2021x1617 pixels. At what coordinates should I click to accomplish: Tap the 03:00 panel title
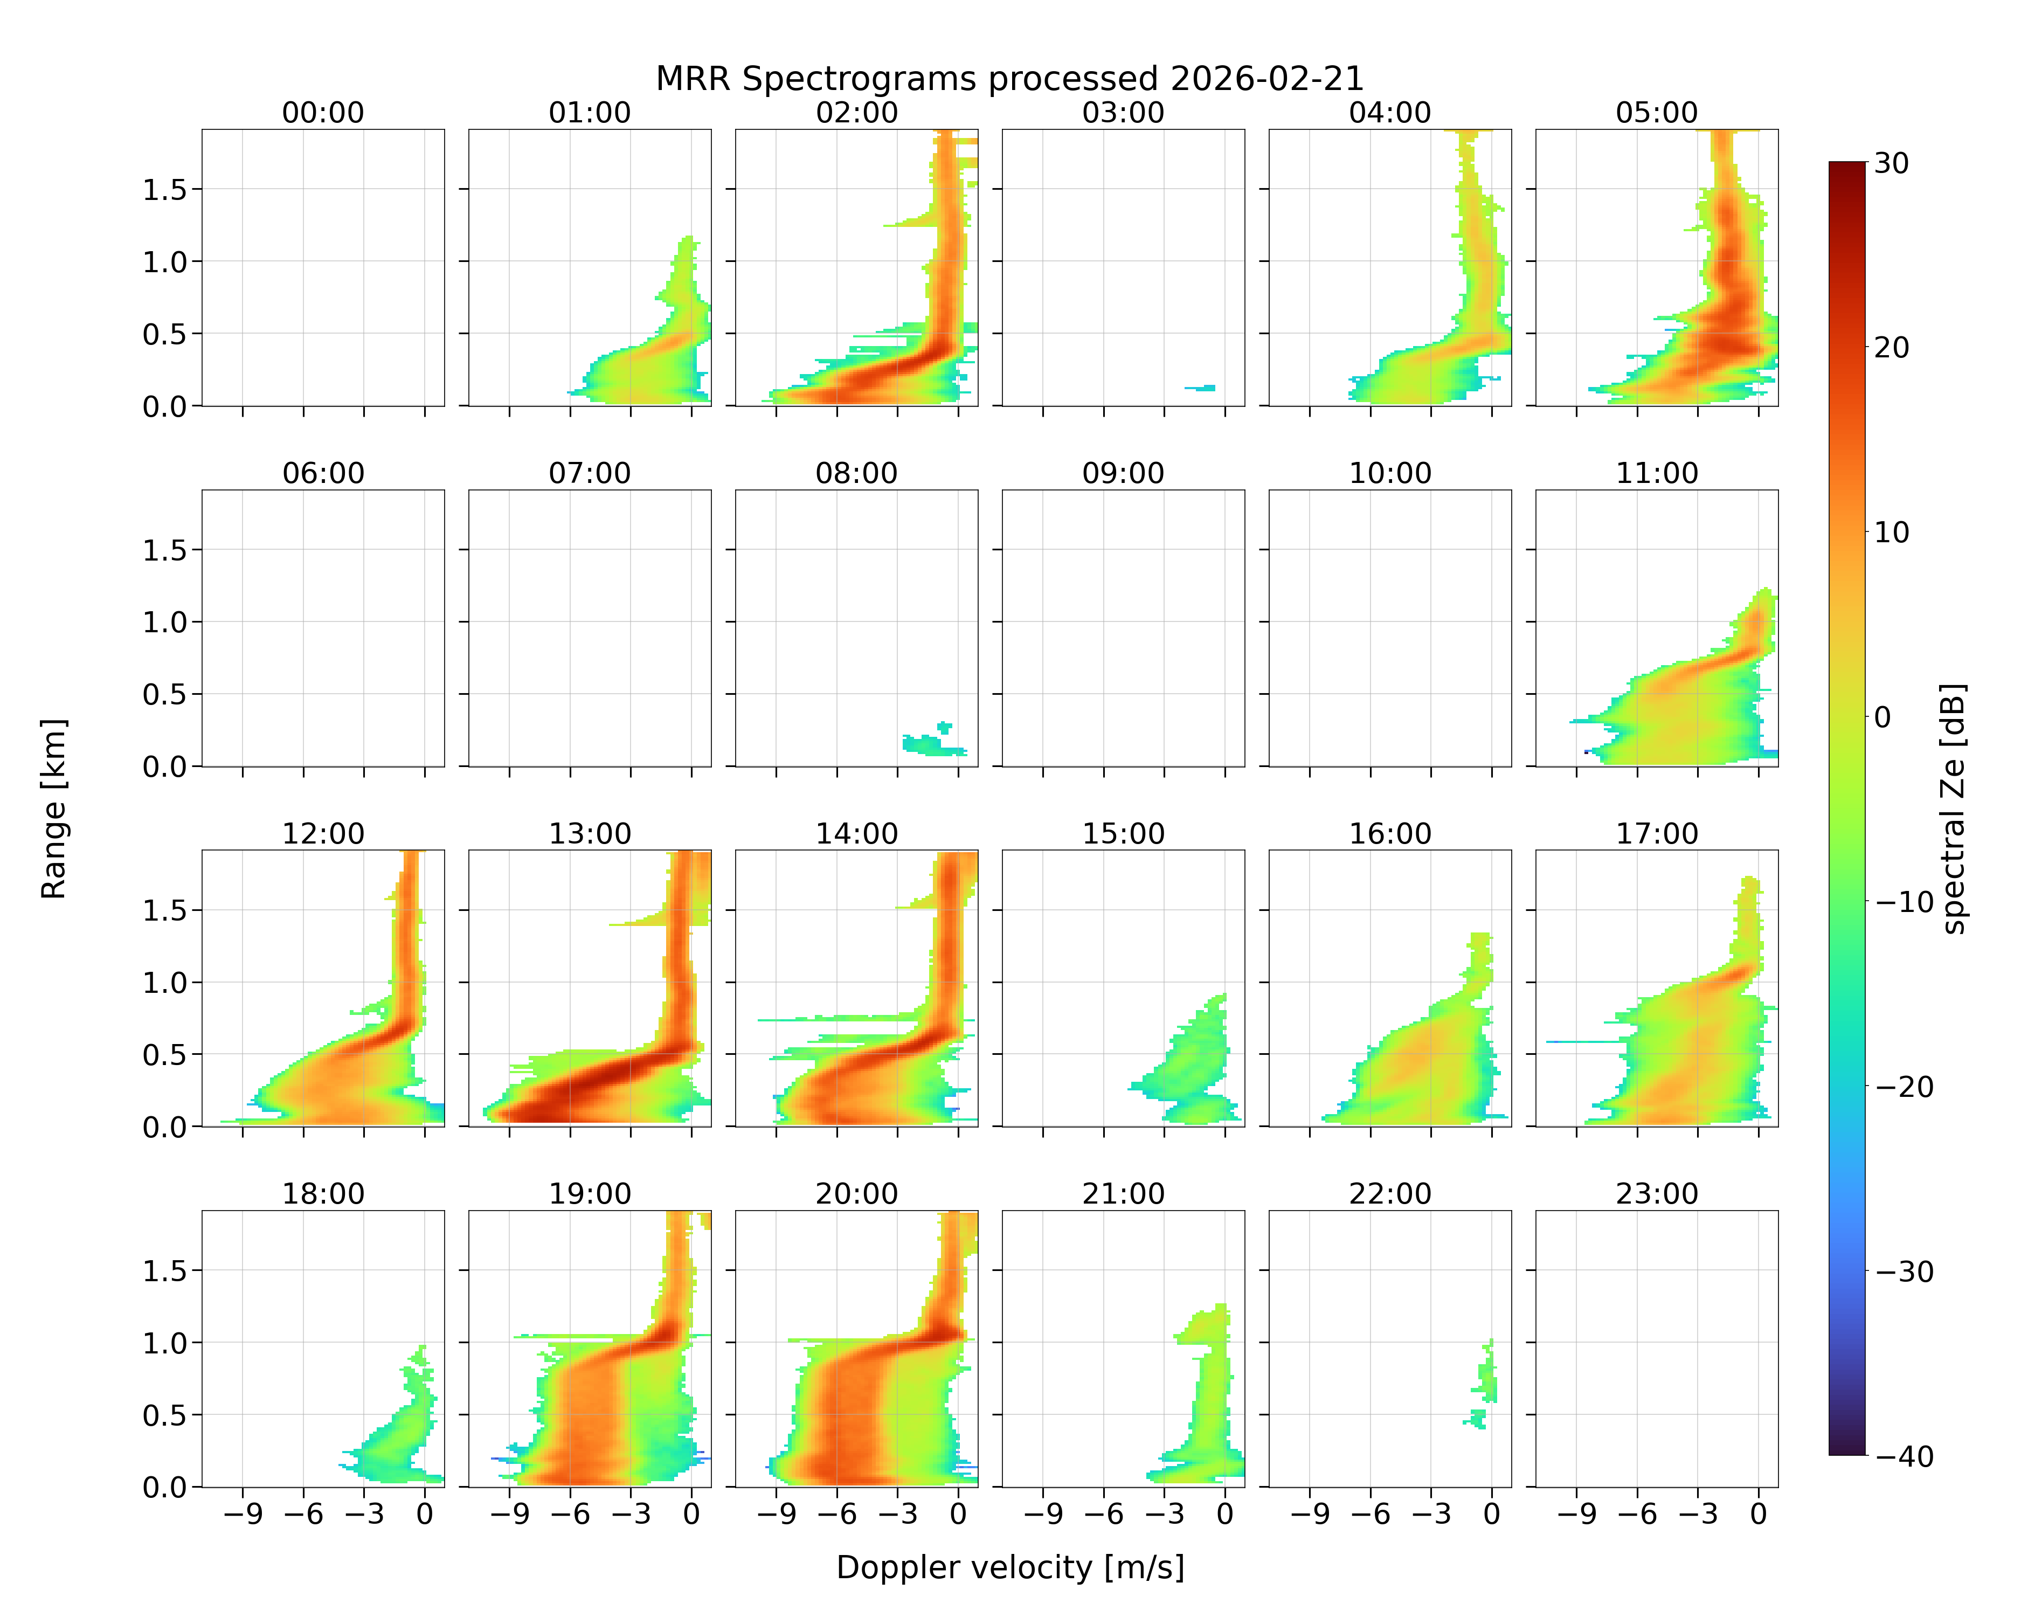tap(1123, 113)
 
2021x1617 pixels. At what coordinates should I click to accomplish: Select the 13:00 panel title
tap(590, 833)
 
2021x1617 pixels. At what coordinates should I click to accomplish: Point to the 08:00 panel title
tap(857, 473)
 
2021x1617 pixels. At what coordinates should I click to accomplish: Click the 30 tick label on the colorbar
tap(1892, 163)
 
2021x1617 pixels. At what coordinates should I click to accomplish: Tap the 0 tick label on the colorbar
tap(1883, 717)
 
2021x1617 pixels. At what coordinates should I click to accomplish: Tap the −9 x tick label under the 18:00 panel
tap(243, 1514)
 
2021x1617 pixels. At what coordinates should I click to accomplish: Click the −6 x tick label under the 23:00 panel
tap(1638, 1514)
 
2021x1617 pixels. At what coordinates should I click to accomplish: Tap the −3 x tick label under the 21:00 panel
tap(1164, 1514)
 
